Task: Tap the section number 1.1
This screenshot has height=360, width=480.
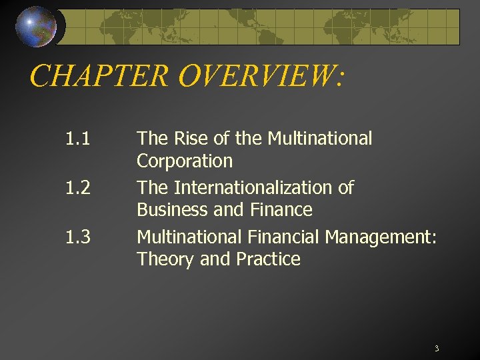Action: [78, 139]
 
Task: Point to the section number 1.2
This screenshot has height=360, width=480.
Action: [78, 188]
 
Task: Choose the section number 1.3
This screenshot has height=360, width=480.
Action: [78, 237]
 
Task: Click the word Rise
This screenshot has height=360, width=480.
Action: [185, 139]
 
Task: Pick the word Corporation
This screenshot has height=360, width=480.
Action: [185, 161]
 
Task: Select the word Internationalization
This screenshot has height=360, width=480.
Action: [263, 188]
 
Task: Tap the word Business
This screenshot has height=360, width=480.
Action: [169, 211]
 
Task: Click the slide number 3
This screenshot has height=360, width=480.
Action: [436, 349]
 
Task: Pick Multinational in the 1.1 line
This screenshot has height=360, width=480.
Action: [319, 139]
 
